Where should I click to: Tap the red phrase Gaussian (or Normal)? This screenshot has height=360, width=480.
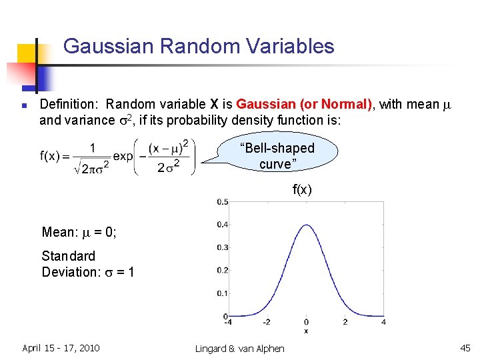click(x=304, y=105)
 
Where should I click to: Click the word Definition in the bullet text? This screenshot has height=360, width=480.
click(x=69, y=105)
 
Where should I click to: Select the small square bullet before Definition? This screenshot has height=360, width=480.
click(x=23, y=105)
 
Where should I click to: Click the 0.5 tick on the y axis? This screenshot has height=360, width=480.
click(x=222, y=202)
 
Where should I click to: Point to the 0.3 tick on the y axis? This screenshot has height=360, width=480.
click(x=222, y=247)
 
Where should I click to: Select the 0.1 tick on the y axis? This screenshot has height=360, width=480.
click(x=222, y=293)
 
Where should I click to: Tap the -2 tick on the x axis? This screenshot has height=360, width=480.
click(x=266, y=323)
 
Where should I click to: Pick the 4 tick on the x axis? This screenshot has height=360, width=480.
click(x=383, y=323)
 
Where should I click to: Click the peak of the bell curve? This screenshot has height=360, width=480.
click(x=305, y=225)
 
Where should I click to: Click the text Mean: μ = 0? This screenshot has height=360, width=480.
click(x=79, y=232)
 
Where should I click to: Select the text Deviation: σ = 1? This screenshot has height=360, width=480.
click(x=87, y=272)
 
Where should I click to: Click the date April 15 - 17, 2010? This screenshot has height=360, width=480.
click(x=61, y=347)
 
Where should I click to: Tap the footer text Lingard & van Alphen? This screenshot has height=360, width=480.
click(x=240, y=348)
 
